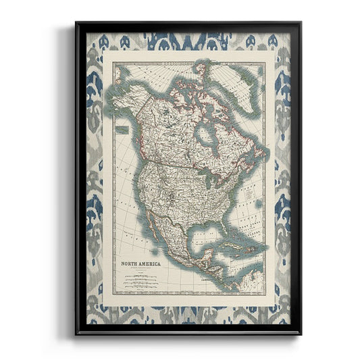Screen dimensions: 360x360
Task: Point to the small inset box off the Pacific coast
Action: point(122,128)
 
